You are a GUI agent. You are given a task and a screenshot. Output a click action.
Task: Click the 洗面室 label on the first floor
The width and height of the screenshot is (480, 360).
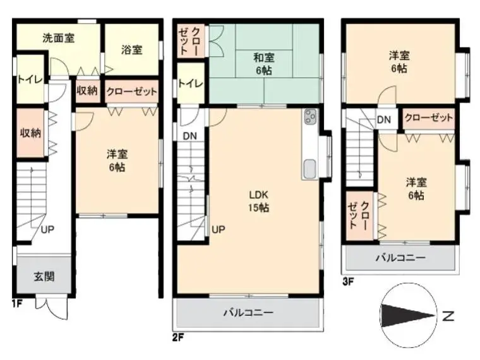click(58, 39)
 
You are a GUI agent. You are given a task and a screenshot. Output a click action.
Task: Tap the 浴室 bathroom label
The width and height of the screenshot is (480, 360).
click(131, 50)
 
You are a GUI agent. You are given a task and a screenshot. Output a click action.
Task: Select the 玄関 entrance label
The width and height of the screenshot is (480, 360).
click(44, 277)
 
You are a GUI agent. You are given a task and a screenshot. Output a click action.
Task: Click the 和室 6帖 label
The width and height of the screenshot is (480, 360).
click(264, 64)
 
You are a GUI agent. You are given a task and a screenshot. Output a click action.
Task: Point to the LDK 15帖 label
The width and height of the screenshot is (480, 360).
click(259, 201)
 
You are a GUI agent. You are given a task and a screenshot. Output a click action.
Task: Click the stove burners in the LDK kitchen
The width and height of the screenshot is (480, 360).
click(310, 117)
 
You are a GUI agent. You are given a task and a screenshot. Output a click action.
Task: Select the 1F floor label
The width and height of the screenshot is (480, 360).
click(17, 304)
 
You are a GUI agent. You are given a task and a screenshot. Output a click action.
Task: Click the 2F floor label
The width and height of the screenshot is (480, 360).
click(178, 338)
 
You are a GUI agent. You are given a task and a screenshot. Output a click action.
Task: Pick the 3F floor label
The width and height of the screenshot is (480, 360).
click(348, 281)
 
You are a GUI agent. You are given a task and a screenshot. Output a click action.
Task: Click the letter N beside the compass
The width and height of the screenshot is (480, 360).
click(448, 316)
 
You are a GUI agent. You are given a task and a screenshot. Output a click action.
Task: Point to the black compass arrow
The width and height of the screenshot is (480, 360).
click(408, 316)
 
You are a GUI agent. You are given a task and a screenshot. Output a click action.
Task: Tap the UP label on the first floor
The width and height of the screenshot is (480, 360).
click(47, 229)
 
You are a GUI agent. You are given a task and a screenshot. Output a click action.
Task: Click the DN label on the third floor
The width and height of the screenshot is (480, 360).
click(384, 119)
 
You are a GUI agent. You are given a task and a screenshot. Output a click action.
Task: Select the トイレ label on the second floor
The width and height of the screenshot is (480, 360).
click(190, 83)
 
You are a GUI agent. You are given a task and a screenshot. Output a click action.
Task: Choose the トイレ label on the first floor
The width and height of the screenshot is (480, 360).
click(30, 80)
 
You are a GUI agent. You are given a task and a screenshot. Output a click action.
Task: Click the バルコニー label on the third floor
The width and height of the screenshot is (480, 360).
click(400, 258)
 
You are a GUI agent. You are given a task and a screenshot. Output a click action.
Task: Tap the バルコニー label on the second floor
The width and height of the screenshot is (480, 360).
click(248, 313)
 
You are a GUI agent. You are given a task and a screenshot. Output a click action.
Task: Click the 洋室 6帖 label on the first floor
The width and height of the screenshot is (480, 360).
click(117, 160)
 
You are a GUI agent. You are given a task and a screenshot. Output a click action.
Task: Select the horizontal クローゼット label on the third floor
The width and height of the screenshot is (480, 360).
click(429, 118)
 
